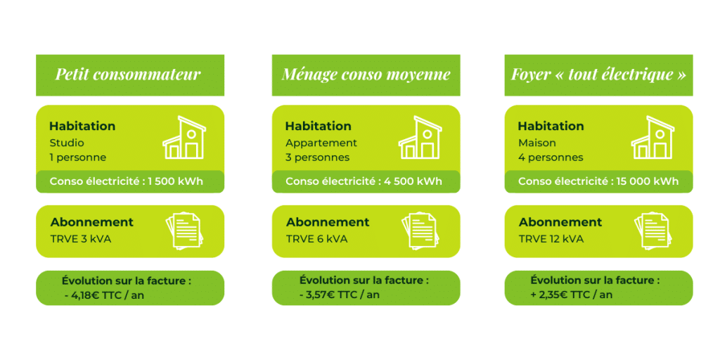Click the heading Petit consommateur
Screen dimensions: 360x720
[x=128, y=75]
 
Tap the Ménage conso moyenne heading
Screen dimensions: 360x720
[x=366, y=75]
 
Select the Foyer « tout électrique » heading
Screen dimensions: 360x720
[x=598, y=75]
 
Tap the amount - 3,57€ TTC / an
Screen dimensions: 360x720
[x=340, y=295]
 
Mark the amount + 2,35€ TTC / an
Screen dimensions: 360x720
[x=572, y=295]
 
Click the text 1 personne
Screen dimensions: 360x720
[x=77, y=157]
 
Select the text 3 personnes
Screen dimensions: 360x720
[x=317, y=157]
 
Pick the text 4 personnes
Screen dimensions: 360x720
[x=551, y=157]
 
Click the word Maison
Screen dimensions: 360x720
[x=536, y=143]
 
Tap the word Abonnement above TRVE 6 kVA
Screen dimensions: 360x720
[x=328, y=222]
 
